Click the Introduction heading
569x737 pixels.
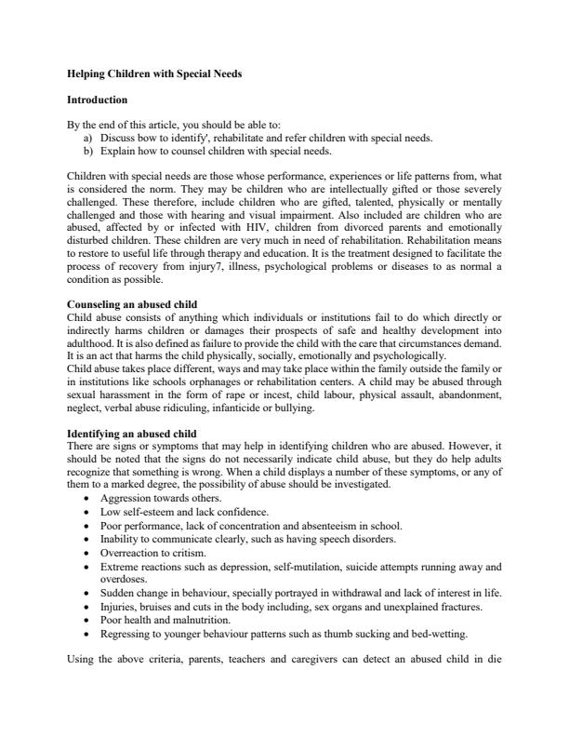pyautogui.click(x=98, y=99)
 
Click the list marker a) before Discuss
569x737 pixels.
pyautogui.click(x=88, y=137)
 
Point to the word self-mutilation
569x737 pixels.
pyautogui.click(x=301, y=564)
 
